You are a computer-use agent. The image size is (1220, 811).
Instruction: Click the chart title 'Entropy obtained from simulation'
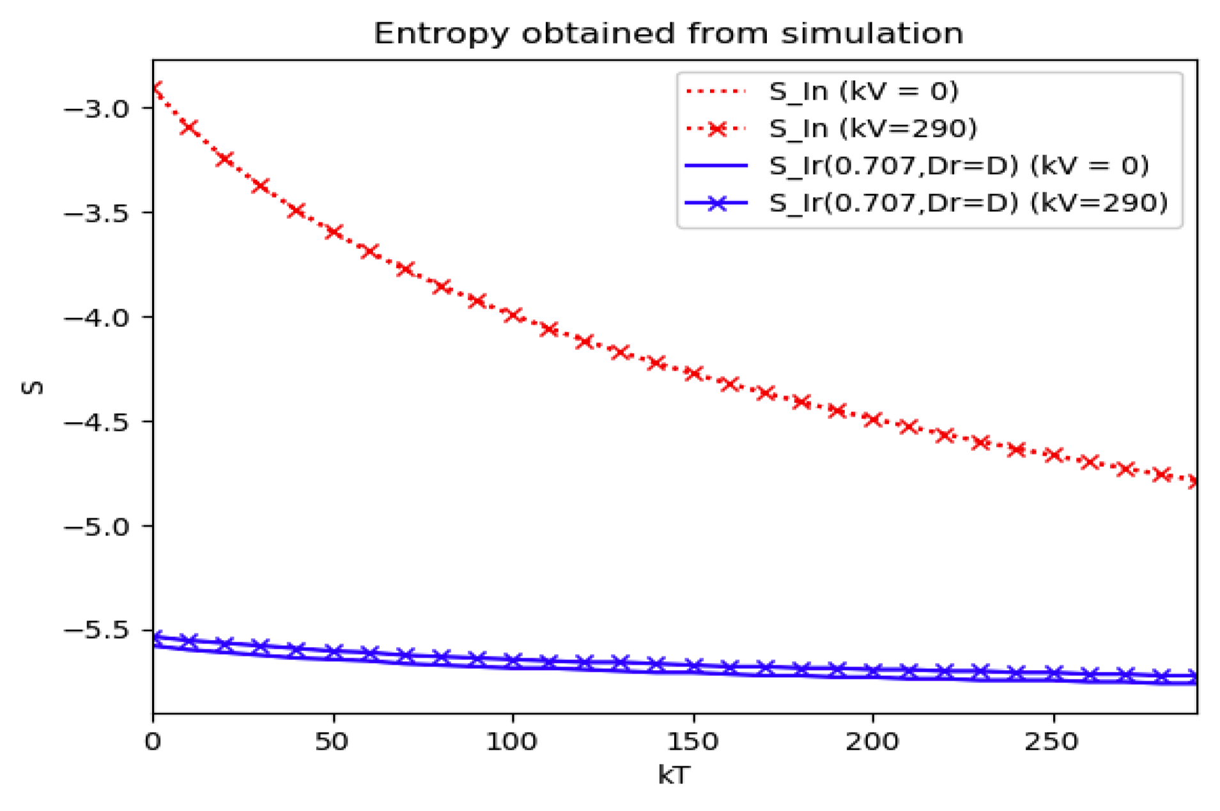pos(668,33)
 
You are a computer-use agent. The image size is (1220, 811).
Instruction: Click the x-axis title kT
pos(674,775)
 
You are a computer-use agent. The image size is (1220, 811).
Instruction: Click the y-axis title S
pos(32,387)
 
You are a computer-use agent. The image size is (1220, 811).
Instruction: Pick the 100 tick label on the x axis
pos(512,741)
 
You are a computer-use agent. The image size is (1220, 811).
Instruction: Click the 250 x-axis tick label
pos(1052,741)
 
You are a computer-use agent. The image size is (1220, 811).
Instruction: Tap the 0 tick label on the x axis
pos(153,741)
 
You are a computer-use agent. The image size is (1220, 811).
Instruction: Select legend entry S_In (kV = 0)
pos(863,91)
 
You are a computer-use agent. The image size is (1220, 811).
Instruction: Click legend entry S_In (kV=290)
pos(872,128)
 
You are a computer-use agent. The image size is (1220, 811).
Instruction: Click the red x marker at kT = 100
pos(513,314)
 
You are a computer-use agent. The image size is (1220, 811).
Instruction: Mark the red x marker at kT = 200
pos(872,419)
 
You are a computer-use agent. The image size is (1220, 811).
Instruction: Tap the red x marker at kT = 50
pos(333,231)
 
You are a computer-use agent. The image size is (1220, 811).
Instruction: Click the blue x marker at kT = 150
pos(693,665)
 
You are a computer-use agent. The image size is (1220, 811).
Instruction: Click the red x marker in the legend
pos(716,128)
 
